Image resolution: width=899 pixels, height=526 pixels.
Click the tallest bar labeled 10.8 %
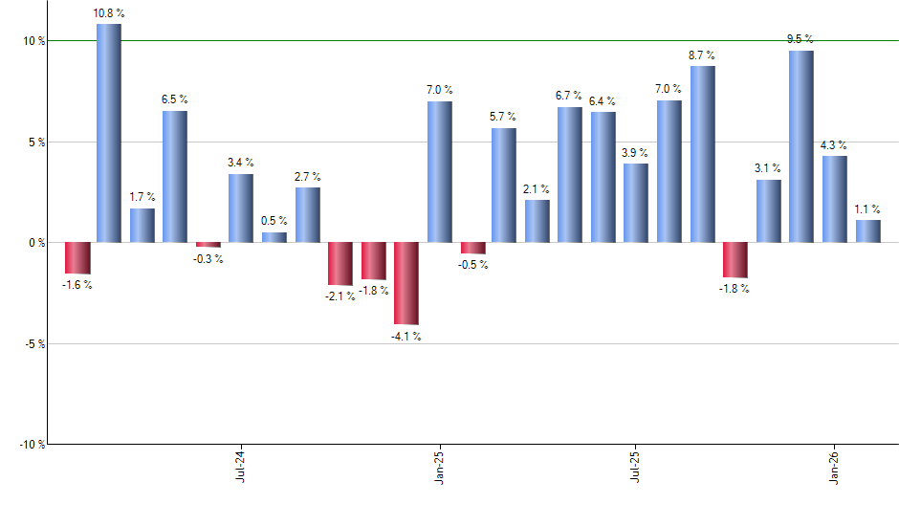tap(109, 133)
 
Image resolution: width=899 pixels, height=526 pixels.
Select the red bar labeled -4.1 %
tap(406, 283)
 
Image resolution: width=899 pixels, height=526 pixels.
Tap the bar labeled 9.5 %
tap(801, 146)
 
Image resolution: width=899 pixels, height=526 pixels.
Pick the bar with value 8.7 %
tap(703, 154)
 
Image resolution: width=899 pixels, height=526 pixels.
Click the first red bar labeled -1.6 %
tap(77, 258)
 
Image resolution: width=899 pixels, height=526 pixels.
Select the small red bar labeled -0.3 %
tap(208, 245)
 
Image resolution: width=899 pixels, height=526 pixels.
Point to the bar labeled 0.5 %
tap(274, 237)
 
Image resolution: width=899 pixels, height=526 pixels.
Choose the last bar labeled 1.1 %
tap(868, 231)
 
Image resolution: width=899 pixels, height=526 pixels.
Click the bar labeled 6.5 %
tap(175, 177)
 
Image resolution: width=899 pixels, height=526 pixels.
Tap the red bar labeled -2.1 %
tap(340, 264)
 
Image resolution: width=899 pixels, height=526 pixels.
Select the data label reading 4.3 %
tap(835, 144)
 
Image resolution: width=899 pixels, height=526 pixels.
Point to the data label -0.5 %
tap(472, 265)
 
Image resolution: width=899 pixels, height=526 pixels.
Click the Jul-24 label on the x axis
tap(240, 465)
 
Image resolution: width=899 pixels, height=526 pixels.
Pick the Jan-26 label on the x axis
tap(834, 465)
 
